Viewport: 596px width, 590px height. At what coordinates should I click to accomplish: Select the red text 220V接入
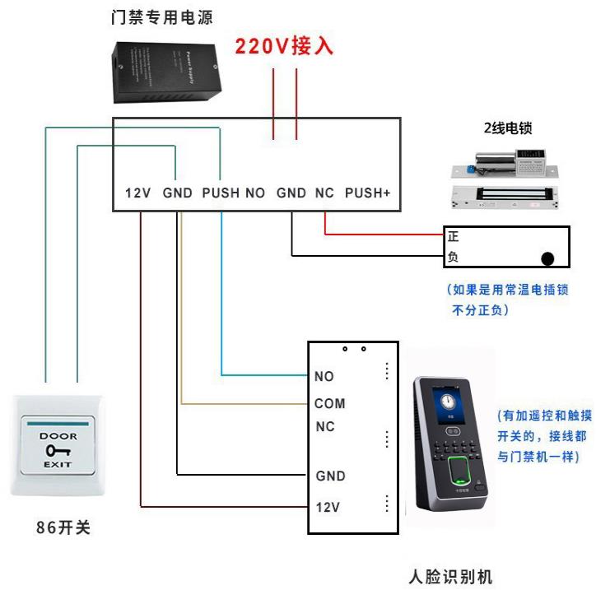click(x=284, y=45)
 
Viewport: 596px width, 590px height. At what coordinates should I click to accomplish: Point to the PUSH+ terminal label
click(x=367, y=193)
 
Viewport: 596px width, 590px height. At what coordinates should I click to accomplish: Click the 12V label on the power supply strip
click(x=137, y=193)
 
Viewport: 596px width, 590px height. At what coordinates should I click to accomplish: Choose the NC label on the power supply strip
click(x=324, y=193)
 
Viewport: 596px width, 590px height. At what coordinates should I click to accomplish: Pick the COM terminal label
click(x=329, y=404)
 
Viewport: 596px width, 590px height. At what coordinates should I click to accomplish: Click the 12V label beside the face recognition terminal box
click(x=328, y=507)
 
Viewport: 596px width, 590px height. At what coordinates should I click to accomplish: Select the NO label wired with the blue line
click(x=324, y=377)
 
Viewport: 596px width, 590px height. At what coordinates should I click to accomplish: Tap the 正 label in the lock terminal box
click(x=453, y=237)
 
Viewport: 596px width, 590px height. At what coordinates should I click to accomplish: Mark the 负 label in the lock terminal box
click(x=453, y=257)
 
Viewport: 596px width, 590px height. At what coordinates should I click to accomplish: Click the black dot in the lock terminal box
click(x=547, y=258)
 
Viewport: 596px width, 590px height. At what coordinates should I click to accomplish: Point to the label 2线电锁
click(x=507, y=128)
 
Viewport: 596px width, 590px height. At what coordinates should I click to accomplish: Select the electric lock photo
click(x=502, y=176)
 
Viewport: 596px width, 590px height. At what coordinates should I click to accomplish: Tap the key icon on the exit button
click(x=58, y=450)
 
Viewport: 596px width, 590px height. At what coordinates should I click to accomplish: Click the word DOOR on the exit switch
click(x=58, y=436)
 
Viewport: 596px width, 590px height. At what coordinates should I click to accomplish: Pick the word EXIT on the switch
click(x=58, y=465)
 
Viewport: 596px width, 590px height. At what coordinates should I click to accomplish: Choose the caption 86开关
click(x=63, y=528)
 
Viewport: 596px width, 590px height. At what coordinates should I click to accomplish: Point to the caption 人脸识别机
click(x=450, y=576)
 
